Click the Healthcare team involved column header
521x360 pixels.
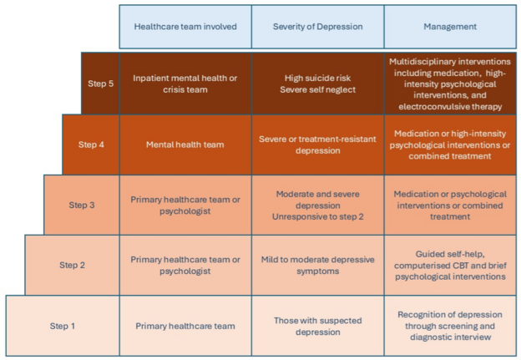[x=185, y=27]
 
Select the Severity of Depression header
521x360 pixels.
[x=317, y=27]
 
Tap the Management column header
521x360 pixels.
[x=450, y=27]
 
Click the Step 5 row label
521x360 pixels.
[x=100, y=84]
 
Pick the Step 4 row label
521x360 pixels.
[x=91, y=145]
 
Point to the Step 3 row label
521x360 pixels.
[x=82, y=205]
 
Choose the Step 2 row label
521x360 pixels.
[x=72, y=265]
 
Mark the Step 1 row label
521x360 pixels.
[x=63, y=326]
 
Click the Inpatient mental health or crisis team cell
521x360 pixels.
[x=185, y=84]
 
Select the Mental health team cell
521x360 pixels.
[x=185, y=145]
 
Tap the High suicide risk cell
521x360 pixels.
[x=317, y=84]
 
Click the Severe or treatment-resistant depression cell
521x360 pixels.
[x=317, y=145]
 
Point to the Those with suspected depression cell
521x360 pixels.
[x=317, y=326]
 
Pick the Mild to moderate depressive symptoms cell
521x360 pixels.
[x=317, y=265]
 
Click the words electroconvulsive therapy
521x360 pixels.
[x=450, y=107]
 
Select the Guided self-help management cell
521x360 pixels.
[x=450, y=265]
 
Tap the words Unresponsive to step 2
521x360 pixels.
[x=317, y=216]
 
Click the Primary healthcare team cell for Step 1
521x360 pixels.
[x=185, y=326]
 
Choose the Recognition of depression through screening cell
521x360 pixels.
[x=450, y=326]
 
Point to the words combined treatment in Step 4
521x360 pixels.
[x=450, y=156]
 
